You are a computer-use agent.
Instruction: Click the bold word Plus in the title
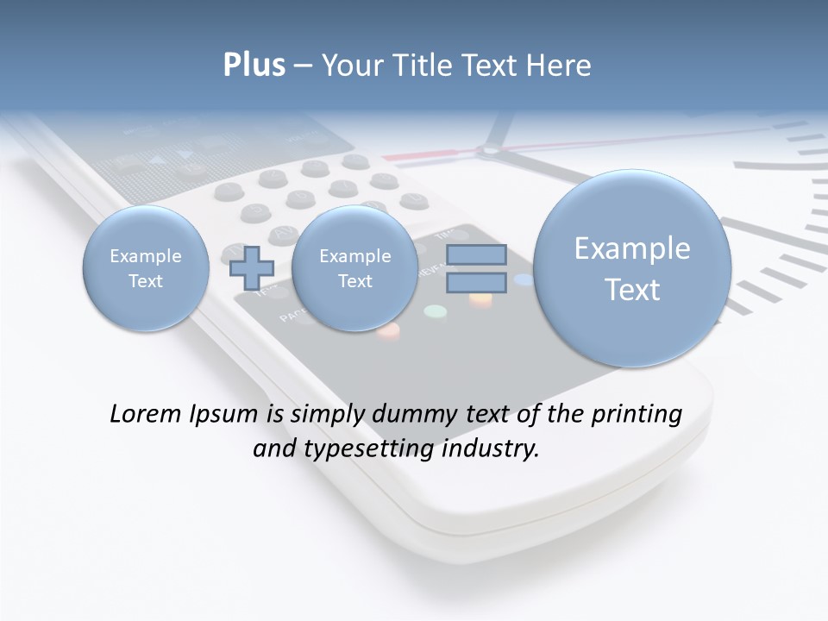click(x=254, y=66)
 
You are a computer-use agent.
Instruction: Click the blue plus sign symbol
click(x=252, y=267)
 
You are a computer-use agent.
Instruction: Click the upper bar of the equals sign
click(x=476, y=254)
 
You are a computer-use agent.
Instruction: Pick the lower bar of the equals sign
click(x=476, y=282)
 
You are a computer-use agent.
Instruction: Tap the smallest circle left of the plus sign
click(x=146, y=268)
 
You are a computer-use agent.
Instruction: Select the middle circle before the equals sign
click(x=354, y=268)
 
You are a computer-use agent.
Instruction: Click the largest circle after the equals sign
click(x=632, y=268)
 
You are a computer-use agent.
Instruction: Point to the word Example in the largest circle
click(x=632, y=248)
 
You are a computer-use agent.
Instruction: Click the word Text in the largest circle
click(x=632, y=290)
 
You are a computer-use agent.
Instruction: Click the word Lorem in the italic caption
click(x=146, y=414)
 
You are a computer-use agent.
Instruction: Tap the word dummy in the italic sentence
click(x=407, y=415)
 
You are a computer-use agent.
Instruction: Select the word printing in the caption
click(x=637, y=415)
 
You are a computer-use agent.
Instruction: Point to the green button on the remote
click(x=436, y=311)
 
